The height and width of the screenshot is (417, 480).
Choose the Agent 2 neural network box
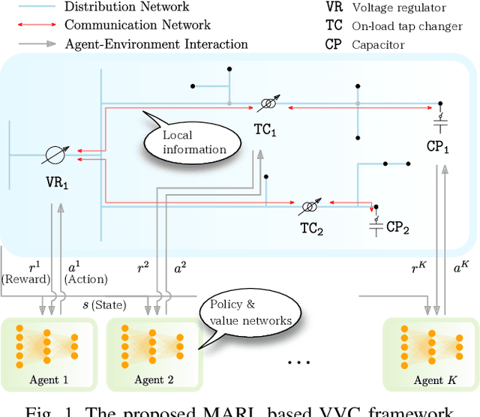click(149, 352)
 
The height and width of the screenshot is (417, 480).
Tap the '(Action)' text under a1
click(86, 279)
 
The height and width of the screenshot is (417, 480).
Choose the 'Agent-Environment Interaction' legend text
click(156, 44)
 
